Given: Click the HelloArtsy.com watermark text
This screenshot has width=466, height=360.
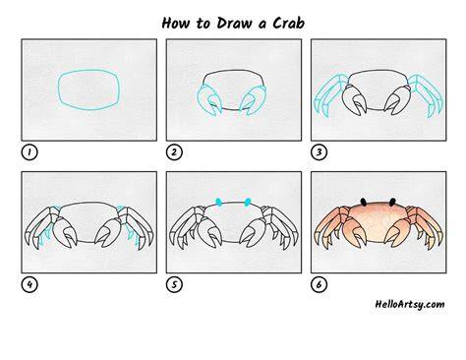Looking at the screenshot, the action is coord(410,304).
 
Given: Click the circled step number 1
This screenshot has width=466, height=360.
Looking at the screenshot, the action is coord(29,152).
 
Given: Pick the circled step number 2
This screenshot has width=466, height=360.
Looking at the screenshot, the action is coord(174,152).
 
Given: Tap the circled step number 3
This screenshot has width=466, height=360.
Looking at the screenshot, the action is coord(320,152).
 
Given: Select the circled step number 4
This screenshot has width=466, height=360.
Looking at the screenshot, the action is coord(29,284).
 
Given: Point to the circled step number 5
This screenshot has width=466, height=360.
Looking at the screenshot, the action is coord(174,284).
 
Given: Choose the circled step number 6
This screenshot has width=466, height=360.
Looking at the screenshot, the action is coord(320,284).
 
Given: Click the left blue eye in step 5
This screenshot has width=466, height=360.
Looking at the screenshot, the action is coord(218,203).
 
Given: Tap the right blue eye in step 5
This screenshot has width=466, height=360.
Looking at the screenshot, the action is coord(248,202).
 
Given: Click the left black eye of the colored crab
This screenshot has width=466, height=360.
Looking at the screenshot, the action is coord(364,202).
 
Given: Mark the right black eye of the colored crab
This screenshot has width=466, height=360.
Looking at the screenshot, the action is coord(392,202).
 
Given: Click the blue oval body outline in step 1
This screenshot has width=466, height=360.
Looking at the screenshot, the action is coord(59,90).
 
